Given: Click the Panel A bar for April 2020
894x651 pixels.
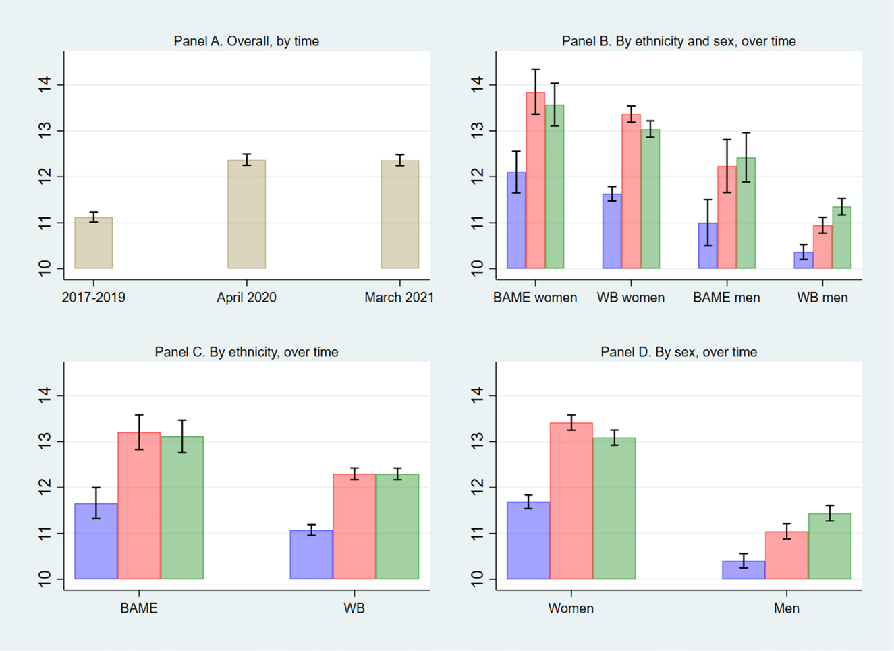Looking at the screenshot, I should (x=246, y=215).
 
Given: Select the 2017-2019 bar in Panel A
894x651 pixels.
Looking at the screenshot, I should (x=94, y=243).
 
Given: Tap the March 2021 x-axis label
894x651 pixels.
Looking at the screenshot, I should (x=399, y=298).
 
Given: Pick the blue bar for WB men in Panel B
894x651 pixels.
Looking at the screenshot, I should (x=803, y=260).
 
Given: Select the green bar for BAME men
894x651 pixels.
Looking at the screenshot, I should (x=746, y=213).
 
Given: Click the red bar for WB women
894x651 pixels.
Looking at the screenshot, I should (x=631, y=192).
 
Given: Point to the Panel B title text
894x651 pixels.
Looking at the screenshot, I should (x=678, y=41).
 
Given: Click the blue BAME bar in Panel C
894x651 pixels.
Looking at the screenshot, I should (x=96, y=541).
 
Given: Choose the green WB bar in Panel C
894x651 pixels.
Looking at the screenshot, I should (x=397, y=526).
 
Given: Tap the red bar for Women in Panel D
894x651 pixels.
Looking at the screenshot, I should (x=571, y=501).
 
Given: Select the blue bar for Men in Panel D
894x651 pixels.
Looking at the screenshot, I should (x=744, y=570).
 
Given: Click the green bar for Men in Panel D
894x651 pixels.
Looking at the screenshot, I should (x=829, y=546).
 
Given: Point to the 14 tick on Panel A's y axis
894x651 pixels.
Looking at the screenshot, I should (x=45, y=85).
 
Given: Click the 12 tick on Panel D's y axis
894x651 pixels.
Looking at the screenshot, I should (x=478, y=487).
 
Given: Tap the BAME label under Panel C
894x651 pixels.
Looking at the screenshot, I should (x=139, y=608).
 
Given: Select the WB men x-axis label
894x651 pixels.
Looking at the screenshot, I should (x=822, y=298).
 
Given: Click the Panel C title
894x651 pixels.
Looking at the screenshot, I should (x=246, y=352).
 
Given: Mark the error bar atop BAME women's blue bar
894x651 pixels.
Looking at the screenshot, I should (x=516, y=172).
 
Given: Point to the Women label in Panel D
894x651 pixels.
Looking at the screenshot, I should (x=571, y=608).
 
